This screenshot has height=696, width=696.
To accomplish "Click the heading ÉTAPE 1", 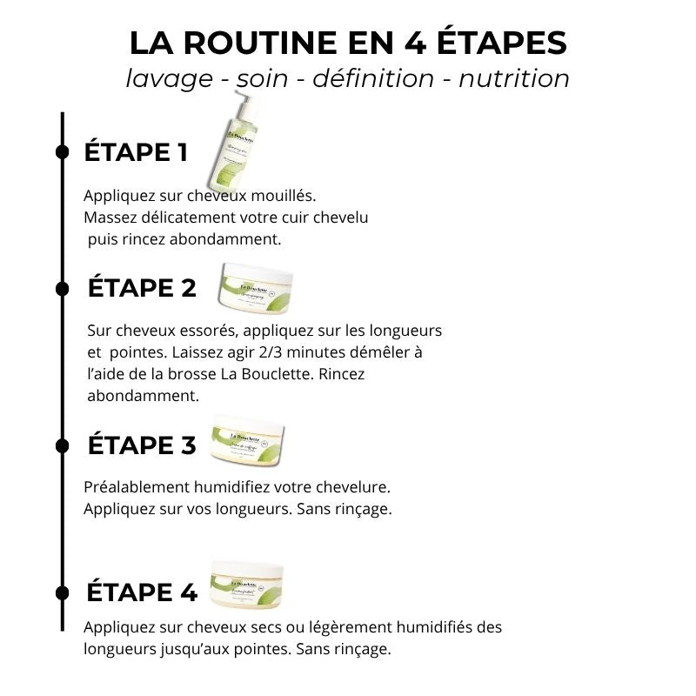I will pos(135,152).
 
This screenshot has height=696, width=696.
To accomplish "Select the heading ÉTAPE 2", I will pos(143,288).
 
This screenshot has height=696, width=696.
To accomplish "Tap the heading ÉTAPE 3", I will pos(142,445).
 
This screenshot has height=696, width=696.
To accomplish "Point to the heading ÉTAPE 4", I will pos(142,592).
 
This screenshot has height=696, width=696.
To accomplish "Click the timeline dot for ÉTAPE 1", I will pos(63,152).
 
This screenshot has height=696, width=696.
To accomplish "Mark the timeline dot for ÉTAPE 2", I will pos(63,289).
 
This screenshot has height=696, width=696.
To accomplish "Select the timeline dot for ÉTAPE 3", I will pos(63,445).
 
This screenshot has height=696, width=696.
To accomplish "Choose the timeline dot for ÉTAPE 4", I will pos(63,592).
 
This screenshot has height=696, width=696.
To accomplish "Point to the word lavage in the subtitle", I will pos(169,78).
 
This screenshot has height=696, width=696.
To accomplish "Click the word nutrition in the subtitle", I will pos(514,78).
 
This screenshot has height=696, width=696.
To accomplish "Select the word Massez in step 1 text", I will pos(109,217).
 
